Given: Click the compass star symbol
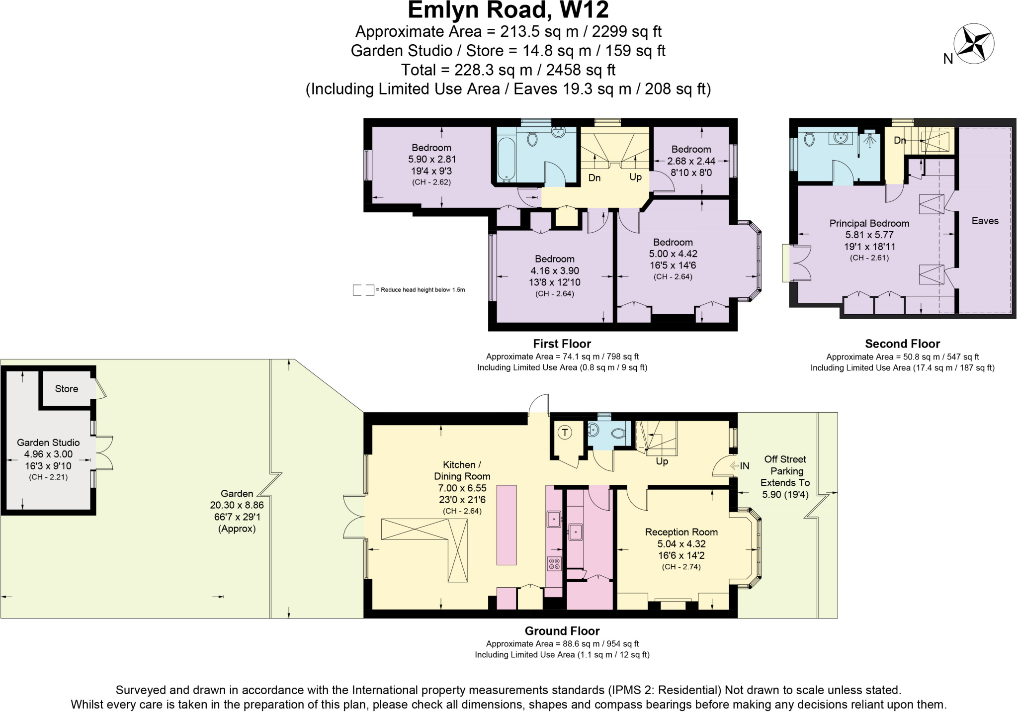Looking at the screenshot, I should pos(974,43).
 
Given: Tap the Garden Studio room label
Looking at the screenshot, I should pos(48,443).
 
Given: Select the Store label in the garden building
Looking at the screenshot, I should pos(67,389).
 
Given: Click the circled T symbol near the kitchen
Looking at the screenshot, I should pos(565,432).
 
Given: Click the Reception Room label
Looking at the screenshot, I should pos(681,532).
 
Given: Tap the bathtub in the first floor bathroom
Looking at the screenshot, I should pos(506,158).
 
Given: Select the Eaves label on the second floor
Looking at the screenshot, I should pos(985,221).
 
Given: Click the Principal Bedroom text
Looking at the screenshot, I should pos(869,223).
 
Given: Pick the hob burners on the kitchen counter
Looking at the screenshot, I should pos(554,564).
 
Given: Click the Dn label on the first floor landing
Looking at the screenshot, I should pos(594,178).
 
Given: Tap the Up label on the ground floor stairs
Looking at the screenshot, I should pos(662,461).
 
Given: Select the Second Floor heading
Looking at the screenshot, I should pos(902,344).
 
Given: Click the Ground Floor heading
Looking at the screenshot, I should pos(562,631).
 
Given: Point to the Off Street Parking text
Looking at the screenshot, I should pos(785,465).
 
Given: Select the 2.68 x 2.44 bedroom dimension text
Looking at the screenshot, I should pos(691,161).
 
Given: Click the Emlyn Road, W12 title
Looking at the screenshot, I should pos(508,10).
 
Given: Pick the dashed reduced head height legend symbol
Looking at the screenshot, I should pos(363,290).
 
